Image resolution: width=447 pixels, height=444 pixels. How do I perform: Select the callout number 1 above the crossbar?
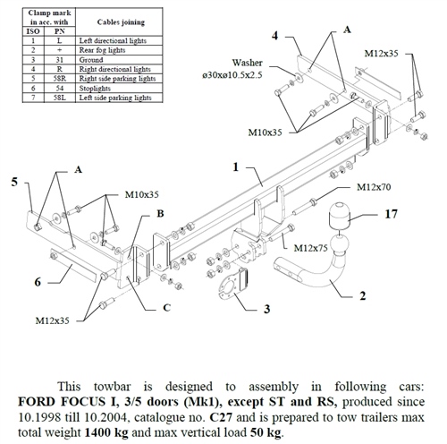pos(235,166)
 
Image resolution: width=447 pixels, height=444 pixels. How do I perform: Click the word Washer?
pos(248,64)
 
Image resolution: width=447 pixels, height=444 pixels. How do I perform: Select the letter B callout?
pos(160,214)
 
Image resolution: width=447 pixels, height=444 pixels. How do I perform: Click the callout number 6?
pos(38,282)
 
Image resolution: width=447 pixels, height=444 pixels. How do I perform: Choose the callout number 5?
pos(14,182)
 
